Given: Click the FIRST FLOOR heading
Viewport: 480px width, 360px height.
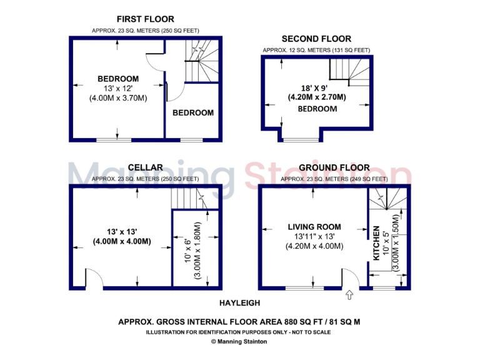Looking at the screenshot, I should pyautogui.click(x=145, y=19).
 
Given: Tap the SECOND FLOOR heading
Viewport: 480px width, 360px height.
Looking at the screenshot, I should pyautogui.click(x=316, y=39).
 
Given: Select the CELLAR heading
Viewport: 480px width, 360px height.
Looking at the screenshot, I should pyautogui.click(x=145, y=167).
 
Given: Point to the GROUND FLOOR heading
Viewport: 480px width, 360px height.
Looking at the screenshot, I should pyautogui.click(x=334, y=167).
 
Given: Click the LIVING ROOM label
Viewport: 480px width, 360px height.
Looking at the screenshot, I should pyautogui.click(x=314, y=227).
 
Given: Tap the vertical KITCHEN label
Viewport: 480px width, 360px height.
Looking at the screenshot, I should pyautogui.click(x=376, y=244).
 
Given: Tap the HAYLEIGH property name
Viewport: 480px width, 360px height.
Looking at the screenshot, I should pyautogui.click(x=239, y=303).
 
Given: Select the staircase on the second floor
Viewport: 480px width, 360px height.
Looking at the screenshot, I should pyautogui.click(x=350, y=71).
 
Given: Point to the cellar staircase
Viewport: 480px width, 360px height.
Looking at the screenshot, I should pyautogui.click(x=194, y=199).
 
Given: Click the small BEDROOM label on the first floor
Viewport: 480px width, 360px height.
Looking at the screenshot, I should pyautogui.click(x=193, y=113).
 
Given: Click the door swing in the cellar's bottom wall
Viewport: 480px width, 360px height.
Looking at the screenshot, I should pyautogui.click(x=94, y=279).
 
